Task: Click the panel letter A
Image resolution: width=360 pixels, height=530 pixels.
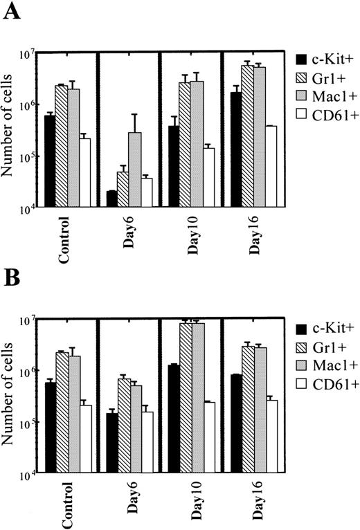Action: coord(12,15)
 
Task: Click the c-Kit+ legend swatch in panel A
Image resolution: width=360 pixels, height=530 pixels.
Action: coord(302,59)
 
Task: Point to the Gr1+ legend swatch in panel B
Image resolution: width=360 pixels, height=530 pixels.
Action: coord(302,344)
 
